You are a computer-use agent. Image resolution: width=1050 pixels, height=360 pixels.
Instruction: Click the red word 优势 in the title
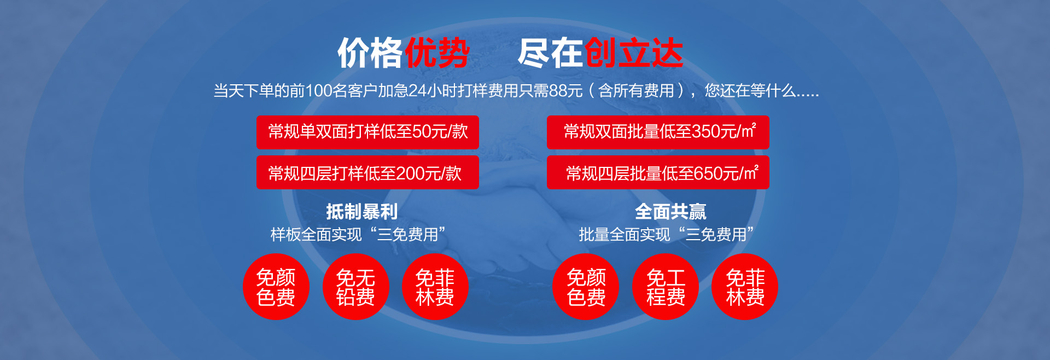click(436, 53)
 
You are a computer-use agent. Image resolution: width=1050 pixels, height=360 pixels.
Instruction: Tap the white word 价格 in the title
click(370, 53)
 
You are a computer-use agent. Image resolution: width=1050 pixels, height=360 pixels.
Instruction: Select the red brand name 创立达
click(634, 53)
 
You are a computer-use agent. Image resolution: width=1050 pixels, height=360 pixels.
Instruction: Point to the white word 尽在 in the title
click(551, 53)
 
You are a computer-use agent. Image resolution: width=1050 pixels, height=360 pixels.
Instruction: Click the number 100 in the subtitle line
click(319, 91)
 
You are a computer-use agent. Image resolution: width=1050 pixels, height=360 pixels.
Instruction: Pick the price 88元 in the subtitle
click(565, 91)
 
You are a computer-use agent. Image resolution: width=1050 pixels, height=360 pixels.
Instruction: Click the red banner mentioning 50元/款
click(367, 132)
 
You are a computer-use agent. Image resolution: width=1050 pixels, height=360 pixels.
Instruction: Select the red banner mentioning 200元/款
click(367, 172)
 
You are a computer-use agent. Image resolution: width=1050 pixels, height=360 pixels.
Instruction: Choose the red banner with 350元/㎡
click(658, 132)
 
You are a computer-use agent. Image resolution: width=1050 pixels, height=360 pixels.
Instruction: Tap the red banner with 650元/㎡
click(658, 172)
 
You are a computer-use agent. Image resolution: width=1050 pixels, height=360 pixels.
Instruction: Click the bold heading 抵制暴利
click(361, 212)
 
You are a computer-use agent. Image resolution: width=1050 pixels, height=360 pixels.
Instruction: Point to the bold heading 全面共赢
click(670, 212)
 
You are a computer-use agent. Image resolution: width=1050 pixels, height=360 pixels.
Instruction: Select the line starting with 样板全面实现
click(358, 235)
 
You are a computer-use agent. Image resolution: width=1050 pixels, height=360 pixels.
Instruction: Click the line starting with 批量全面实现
click(667, 235)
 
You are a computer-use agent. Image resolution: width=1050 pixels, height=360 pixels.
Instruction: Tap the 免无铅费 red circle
click(355, 287)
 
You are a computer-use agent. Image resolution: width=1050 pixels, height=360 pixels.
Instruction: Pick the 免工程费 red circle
click(666, 287)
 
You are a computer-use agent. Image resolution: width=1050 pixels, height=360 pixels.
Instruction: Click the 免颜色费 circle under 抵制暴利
click(276, 287)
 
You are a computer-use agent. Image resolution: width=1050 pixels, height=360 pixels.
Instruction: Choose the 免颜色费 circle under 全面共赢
click(586, 287)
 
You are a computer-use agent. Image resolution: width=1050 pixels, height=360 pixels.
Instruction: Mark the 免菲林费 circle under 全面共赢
click(745, 287)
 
